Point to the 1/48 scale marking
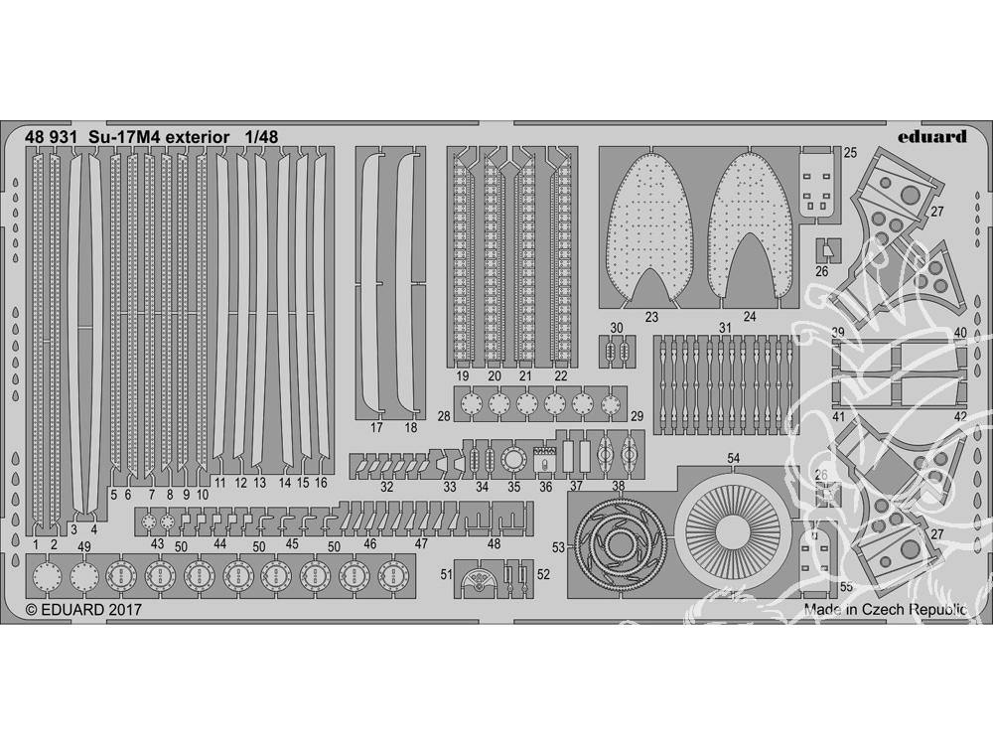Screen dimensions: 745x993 point(235,136)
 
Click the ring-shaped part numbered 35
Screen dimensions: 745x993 point(514,460)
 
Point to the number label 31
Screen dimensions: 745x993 point(725,328)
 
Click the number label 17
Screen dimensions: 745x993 point(376,428)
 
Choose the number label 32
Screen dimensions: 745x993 point(386,487)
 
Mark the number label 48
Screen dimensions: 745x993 point(494,543)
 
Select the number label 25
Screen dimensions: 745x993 point(851,152)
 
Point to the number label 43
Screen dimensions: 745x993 point(157,543)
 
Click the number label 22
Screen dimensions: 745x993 point(561,376)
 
